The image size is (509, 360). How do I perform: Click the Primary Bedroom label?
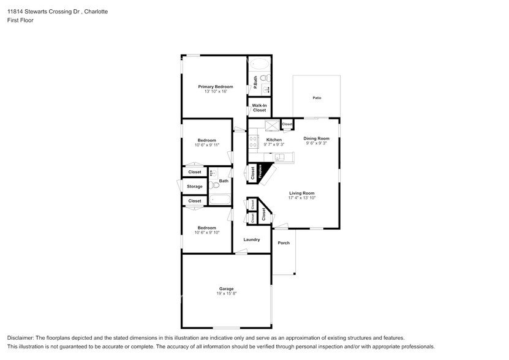pos(215,87)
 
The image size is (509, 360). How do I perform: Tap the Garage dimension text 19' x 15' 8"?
pos(227,294)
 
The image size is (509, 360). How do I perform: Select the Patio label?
pos(317,98)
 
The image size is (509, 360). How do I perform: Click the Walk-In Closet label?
pos(259,108)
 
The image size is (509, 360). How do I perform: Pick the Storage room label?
pos(194,187)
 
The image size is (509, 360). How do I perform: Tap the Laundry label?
pos(252,239)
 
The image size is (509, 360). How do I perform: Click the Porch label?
pos(284,243)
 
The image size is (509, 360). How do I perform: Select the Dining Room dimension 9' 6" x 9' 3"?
pos(316,143)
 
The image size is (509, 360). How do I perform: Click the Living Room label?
pos(301,193)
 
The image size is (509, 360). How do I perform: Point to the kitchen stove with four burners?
pos(254,143)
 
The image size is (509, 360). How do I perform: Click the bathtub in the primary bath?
pos(258,64)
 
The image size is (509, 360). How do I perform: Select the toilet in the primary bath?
pos(263,78)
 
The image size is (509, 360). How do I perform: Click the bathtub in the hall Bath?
pos(219,199)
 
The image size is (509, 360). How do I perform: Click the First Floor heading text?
pos(20,20)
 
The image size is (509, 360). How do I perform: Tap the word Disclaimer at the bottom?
pos(21,338)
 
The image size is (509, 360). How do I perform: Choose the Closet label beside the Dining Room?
pos(287,124)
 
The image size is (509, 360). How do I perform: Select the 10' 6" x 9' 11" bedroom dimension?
pos(206,146)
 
